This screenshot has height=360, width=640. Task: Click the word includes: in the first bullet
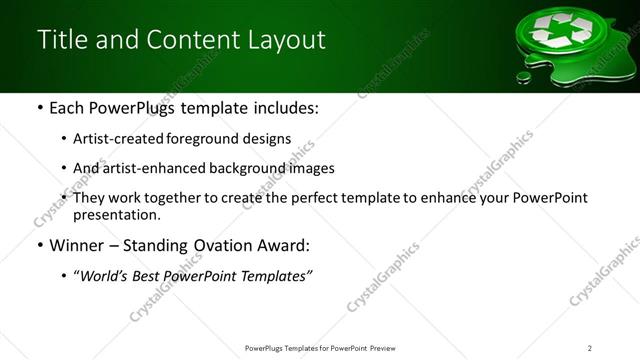tap(283, 107)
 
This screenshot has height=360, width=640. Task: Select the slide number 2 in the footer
tap(590, 348)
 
